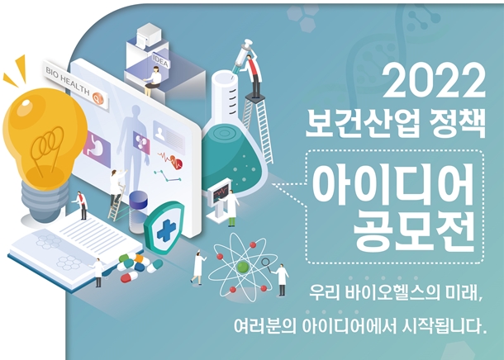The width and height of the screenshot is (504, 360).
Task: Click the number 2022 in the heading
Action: pyautogui.click(x=434, y=80)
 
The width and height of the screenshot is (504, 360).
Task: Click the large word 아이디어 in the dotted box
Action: pyautogui.click(x=394, y=185)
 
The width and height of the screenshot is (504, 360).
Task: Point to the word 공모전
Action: pyautogui.click(x=415, y=231)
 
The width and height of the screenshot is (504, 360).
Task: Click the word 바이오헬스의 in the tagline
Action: pyautogui.click(x=391, y=292)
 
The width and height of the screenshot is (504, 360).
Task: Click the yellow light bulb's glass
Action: pyautogui.click(x=45, y=138)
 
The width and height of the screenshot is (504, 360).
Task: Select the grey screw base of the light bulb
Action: pyautogui.click(x=45, y=202)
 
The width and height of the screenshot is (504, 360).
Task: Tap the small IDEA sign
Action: pyautogui.click(x=160, y=61)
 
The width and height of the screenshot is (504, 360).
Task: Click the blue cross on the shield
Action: pyautogui.click(x=166, y=228)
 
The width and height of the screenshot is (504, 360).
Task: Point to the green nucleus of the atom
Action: pyautogui.click(x=243, y=267)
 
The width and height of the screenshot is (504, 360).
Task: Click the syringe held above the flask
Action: pyautogui.click(x=242, y=56)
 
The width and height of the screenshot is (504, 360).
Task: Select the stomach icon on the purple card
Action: pyautogui.click(x=97, y=149)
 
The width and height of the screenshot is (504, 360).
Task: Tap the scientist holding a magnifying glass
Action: pyautogui.click(x=281, y=279)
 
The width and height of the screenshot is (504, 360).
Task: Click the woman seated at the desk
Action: pyautogui.click(x=153, y=80)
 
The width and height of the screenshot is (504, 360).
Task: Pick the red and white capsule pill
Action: pyautogui.click(x=129, y=277)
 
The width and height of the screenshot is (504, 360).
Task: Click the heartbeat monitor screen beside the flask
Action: pyautogui.click(x=221, y=192)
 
